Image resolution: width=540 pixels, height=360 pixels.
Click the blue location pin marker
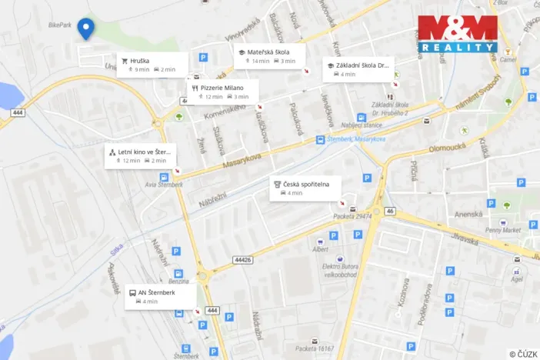coord(86,28)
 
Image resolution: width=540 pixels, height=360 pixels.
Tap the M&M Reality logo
coord(458,34)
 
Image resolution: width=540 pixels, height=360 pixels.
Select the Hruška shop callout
coord(152,64)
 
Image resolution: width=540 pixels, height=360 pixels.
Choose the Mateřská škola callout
coord(270,55)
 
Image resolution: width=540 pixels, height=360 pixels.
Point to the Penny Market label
coord(503,229)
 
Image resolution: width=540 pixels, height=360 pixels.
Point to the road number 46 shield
coord(391,211)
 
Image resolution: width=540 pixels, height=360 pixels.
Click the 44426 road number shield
coord(243,261)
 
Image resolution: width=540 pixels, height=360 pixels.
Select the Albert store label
coord(320,249)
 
